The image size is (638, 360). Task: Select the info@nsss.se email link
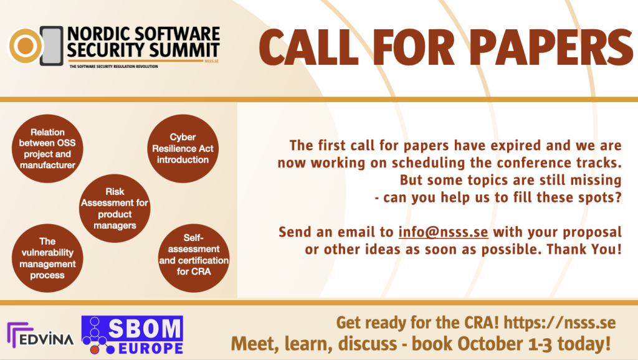(x=443, y=232)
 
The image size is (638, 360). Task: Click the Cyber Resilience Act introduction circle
(x=183, y=148)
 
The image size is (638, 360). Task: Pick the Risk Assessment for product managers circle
(x=115, y=208)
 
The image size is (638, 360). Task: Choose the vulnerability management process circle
(x=47, y=258)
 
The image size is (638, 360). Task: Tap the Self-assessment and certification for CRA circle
(x=194, y=258)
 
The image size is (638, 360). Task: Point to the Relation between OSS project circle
(x=47, y=148)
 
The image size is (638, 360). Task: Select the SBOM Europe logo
(x=132, y=335)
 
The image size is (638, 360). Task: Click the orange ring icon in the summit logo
(x=25, y=45)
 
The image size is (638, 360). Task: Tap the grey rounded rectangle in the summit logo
(x=52, y=46)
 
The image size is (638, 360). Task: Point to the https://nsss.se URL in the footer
(x=559, y=323)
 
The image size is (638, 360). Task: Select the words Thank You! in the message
(x=584, y=249)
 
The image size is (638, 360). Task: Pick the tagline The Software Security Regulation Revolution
(x=113, y=66)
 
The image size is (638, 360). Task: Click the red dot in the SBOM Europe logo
(x=95, y=349)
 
